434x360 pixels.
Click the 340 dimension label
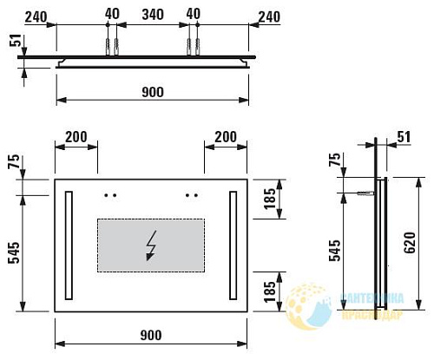tap(152, 15)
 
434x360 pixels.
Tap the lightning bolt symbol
tap(152, 245)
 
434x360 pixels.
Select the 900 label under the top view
tap(152, 92)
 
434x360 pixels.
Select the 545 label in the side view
tap(347, 252)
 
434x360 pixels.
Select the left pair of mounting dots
tap(109, 195)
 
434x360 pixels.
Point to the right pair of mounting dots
tap(191, 195)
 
